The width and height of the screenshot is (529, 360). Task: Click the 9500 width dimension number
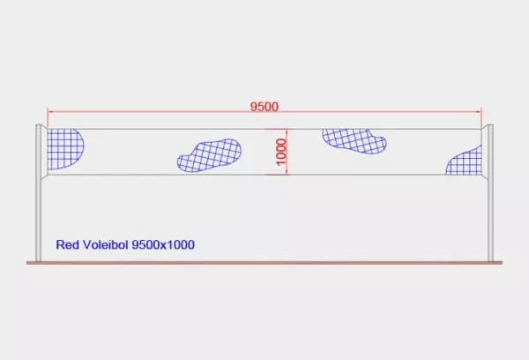[264, 107]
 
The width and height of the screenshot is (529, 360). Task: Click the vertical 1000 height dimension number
[281, 152]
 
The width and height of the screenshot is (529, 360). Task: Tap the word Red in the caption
[67, 244]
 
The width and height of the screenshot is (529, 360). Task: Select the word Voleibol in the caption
[105, 244]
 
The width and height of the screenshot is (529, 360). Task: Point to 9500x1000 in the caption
[163, 244]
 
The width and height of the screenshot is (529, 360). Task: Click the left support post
[39, 193]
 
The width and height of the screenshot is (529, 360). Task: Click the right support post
[490, 193]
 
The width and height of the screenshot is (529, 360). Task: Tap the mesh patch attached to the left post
[64, 149]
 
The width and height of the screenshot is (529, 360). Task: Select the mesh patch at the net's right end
[466, 161]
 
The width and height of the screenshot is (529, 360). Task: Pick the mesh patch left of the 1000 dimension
[209, 155]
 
